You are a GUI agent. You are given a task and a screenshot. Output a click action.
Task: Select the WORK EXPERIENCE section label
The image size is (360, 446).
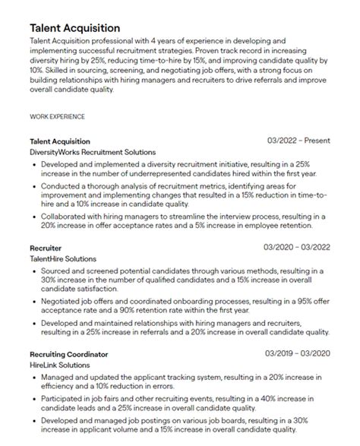56,117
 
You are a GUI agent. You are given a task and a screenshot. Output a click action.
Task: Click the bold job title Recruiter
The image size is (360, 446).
46,248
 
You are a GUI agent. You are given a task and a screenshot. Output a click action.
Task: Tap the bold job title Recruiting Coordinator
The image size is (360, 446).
68,354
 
